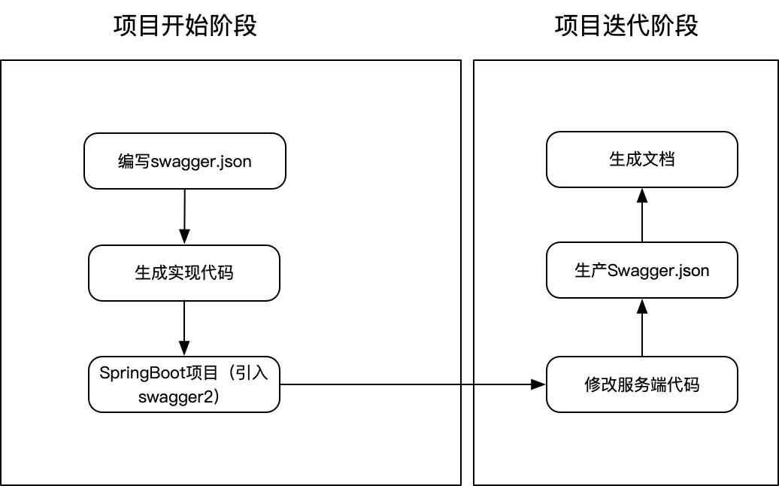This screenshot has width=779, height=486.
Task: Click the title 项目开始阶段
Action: click(x=185, y=26)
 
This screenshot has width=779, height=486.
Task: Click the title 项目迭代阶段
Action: click(x=626, y=26)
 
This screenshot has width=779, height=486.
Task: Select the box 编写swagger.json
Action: click(x=185, y=160)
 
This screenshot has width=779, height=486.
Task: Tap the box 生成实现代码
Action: click(x=184, y=272)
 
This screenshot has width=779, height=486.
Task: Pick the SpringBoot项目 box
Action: click(x=184, y=384)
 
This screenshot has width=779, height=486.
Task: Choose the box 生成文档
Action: click(x=642, y=159)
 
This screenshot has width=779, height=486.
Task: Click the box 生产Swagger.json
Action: click(x=642, y=270)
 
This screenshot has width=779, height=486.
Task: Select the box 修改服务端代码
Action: click(x=642, y=384)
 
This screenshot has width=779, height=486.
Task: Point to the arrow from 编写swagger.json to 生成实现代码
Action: click(x=184, y=214)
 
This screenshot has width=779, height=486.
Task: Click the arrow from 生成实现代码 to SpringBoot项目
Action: click(x=184, y=327)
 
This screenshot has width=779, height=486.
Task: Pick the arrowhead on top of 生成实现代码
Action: click(x=184, y=238)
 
